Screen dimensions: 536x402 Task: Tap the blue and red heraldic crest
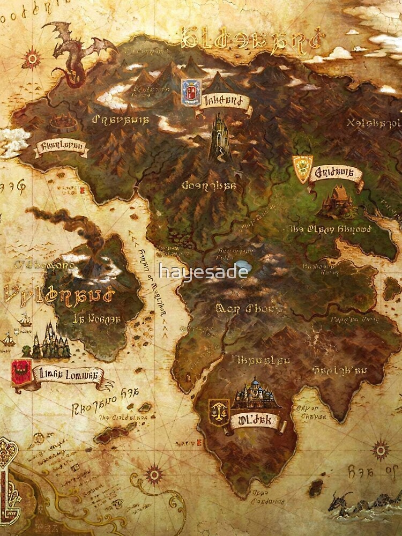191,92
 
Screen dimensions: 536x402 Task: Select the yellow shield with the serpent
302,169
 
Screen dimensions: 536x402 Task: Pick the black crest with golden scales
219,412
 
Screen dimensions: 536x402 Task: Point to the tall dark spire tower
220,137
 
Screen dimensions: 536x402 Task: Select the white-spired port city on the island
50,341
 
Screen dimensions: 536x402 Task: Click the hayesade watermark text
203,271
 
